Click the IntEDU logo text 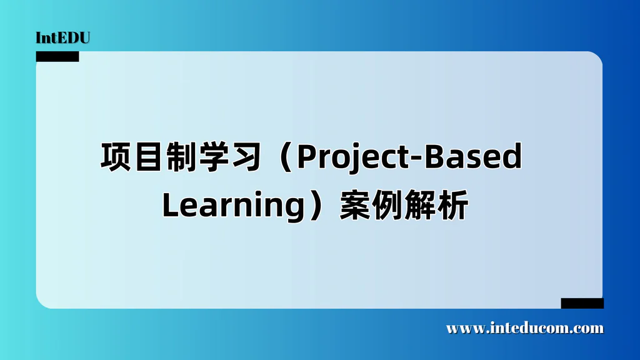(x=63, y=38)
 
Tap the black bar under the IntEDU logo (x=57, y=57)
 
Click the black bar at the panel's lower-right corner (x=582, y=303)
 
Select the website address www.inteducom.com (x=525, y=328)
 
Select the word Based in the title (x=472, y=157)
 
